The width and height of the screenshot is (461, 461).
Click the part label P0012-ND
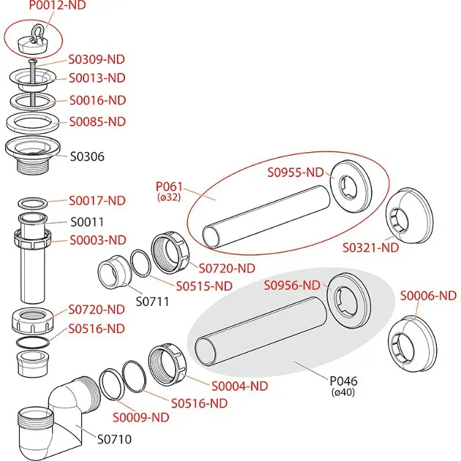[56, 6]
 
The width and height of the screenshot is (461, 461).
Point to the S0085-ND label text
[97, 121]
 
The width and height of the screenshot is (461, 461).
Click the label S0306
[87, 156]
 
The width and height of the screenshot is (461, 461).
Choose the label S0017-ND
[97, 200]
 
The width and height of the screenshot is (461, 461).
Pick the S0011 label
[87, 222]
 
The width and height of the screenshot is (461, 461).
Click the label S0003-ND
[97, 240]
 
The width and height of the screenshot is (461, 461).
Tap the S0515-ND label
[203, 285]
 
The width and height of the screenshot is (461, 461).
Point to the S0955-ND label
[295, 173]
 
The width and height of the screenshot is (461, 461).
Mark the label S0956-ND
[292, 285]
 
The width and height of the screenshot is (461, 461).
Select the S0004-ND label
[239, 386]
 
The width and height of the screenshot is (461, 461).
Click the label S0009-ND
[141, 417]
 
